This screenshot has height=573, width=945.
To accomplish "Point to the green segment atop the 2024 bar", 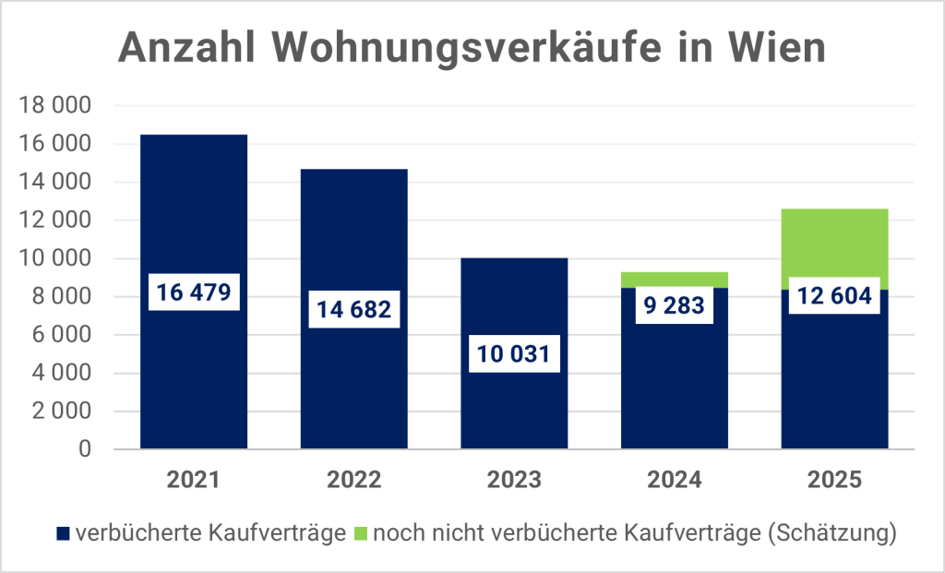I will [675, 279].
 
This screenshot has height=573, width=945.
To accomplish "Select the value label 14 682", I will [353, 310].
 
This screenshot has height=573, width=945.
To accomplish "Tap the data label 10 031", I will [514, 354].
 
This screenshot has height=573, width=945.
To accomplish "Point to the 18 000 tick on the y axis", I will [57, 106].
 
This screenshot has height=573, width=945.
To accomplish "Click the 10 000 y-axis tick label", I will [57, 259].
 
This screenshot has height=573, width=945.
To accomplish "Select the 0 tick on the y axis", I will [84, 449].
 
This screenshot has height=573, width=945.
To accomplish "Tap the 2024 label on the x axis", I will [675, 480].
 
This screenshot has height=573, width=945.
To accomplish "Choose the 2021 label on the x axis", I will [193, 480].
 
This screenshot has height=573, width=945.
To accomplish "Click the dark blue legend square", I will [63, 533].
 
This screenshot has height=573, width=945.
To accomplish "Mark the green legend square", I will [361, 533].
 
